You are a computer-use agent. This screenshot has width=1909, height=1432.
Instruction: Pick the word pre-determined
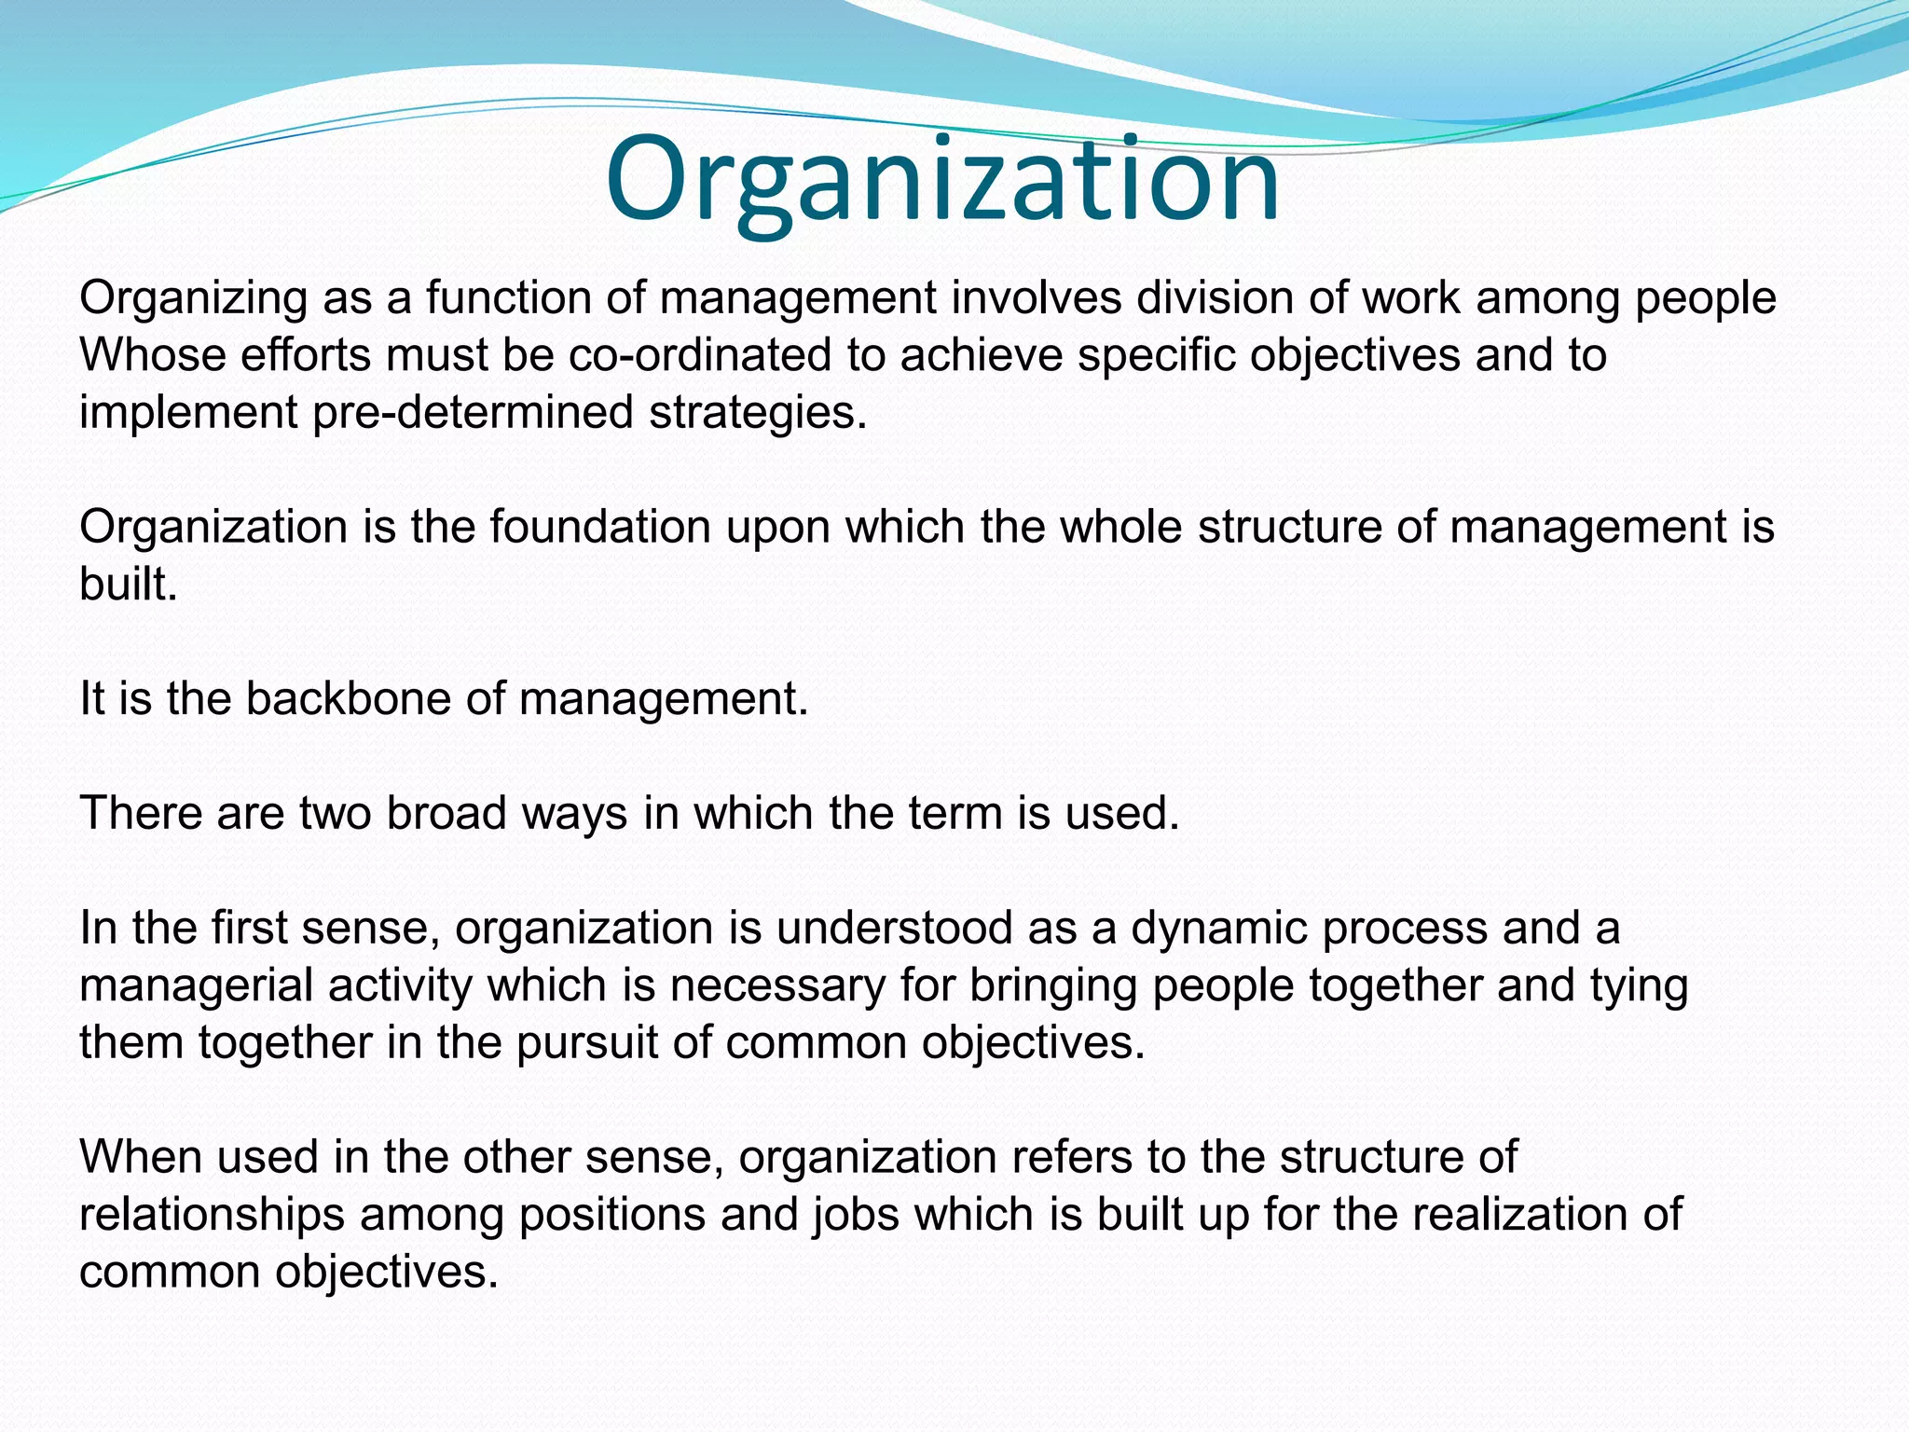click(473, 412)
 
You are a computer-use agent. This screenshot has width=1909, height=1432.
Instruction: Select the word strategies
click(758, 412)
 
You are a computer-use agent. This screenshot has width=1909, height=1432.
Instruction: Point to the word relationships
click(212, 1215)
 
